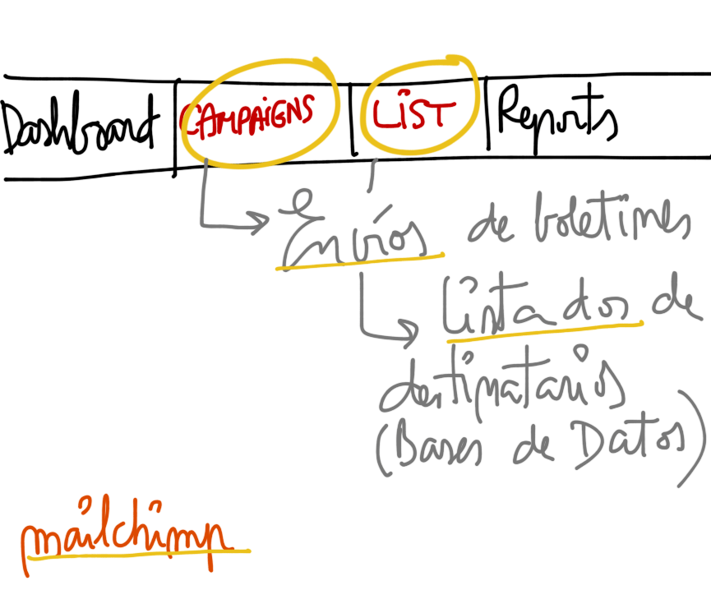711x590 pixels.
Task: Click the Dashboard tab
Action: coord(78,127)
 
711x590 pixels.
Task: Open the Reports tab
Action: coord(556,119)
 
